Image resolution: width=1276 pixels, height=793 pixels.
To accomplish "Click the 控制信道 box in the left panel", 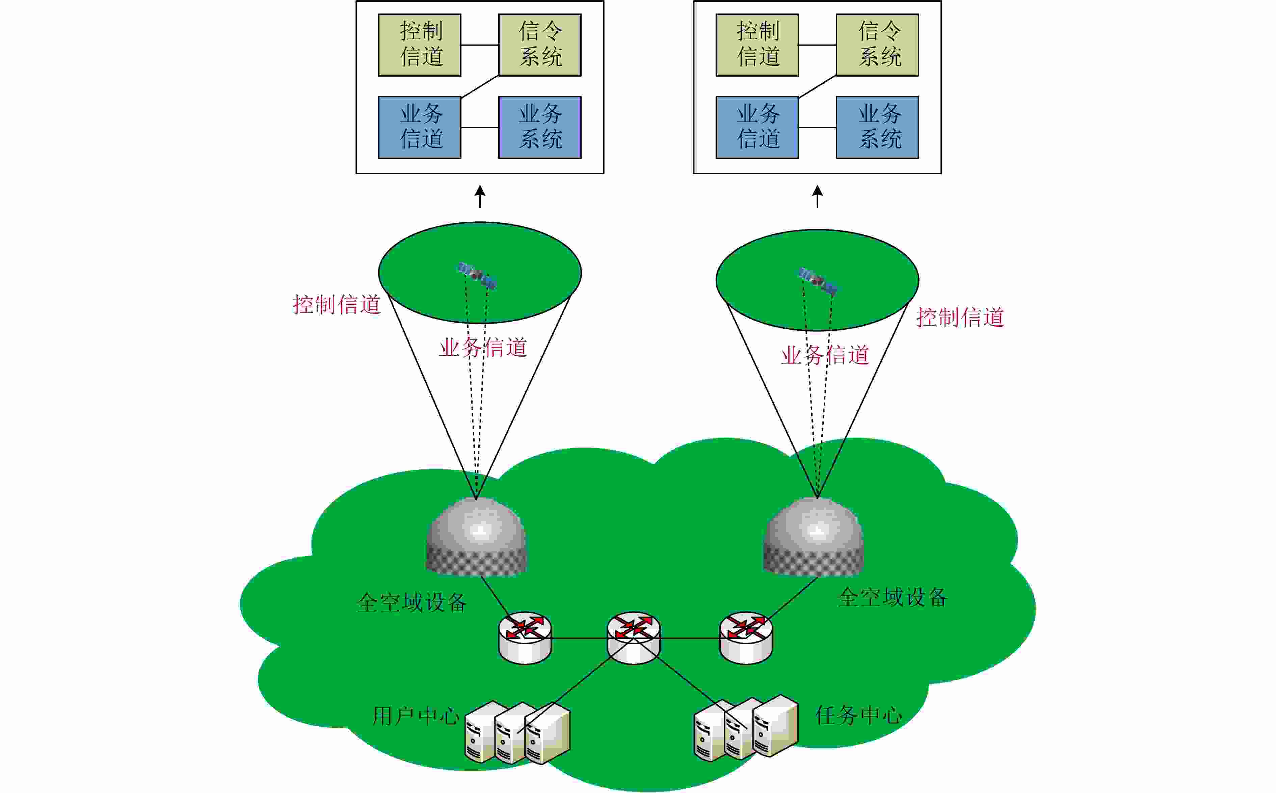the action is click(420, 45).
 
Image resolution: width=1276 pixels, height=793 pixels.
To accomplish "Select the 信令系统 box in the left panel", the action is click(540, 45).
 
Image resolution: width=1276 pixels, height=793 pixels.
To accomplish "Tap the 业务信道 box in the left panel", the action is click(420, 128).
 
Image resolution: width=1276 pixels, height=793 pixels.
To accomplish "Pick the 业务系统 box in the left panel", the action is click(540, 128).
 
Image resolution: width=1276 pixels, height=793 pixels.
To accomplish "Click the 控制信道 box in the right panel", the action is click(757, 45).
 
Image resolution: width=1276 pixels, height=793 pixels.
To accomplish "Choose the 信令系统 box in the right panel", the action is click(877, 45).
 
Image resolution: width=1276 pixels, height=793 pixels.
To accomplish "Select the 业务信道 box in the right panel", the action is click(757, 128).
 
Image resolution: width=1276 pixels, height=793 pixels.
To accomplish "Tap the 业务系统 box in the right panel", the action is click(877, 128).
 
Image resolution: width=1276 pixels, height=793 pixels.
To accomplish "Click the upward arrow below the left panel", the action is click(480, 197).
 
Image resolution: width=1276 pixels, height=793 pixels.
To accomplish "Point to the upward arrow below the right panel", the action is click(818, 197).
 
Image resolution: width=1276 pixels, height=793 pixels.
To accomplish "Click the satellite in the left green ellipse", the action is click(477, 275).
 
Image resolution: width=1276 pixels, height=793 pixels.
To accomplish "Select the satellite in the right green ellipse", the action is click(818, 281).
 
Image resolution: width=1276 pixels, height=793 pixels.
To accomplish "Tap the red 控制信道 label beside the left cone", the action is click(336, 305).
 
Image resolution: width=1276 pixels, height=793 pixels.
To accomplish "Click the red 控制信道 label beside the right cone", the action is click(960, 317).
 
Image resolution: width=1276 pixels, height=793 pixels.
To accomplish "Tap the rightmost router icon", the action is click(746, 638).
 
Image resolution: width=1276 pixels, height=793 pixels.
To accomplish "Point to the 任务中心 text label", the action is click(859, 715).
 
